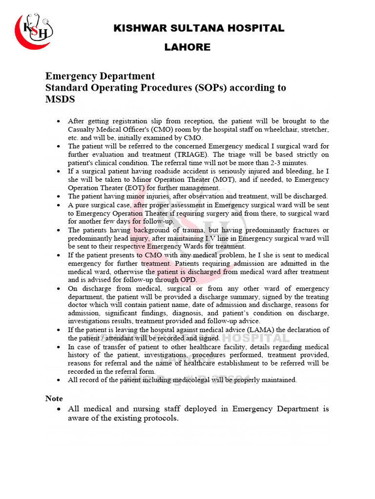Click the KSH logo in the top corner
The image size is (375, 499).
tap(34, 30)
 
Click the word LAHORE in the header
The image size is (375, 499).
tap(187, 47)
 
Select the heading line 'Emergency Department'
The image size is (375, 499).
tap(100, 76)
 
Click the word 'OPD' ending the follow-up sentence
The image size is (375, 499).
tap(189, 280)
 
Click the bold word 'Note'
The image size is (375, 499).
tap(54, 399)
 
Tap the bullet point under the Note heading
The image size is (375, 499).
tap(59, 409)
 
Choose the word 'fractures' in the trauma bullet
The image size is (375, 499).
tap(303, 230)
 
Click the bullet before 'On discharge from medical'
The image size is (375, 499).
tap(59, 288)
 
